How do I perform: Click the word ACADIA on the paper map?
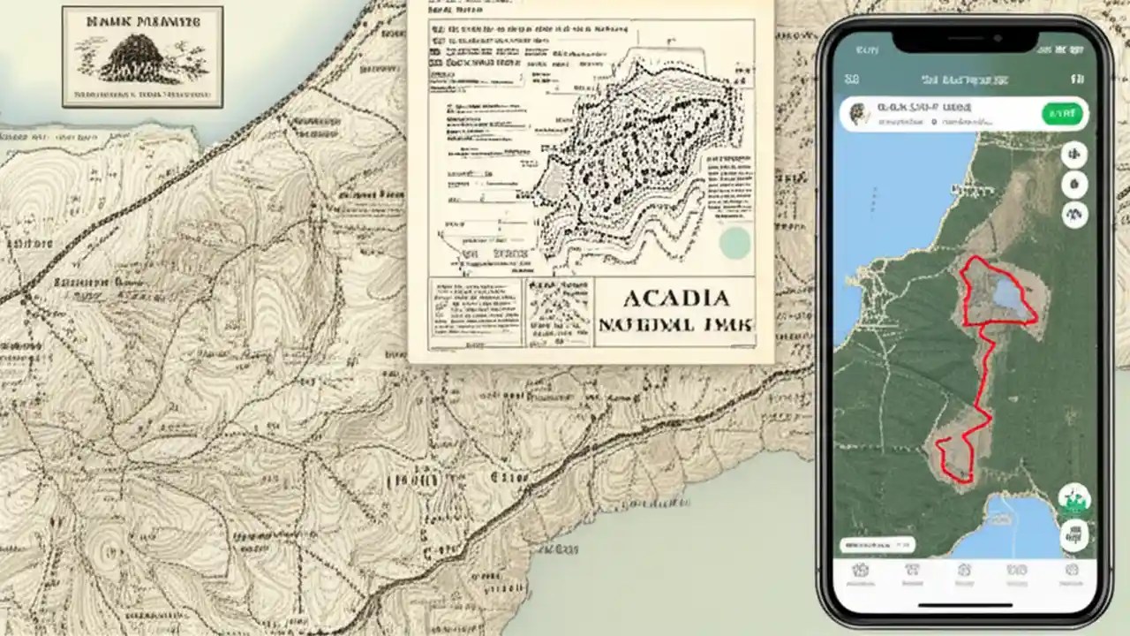point(675,298)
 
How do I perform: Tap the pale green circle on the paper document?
point(734,243)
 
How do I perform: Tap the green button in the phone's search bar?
point(1062,114)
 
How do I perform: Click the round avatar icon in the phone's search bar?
point(857,113)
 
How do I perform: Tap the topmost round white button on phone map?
point(1074,155)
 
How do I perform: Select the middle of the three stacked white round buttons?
point(1074,185)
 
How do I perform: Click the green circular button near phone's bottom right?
point(1074,500)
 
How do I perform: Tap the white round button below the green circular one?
point(1074,533)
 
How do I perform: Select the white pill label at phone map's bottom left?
point(878,545)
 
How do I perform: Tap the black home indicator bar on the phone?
point(965,606)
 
